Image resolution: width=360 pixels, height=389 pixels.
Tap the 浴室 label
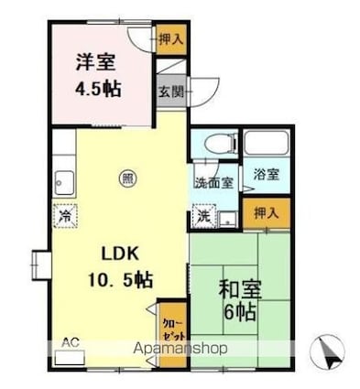tap(266, 174)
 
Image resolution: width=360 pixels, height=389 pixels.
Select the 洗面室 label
tap(212, 181)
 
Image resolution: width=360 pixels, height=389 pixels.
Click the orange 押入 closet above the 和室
tap(267, 211)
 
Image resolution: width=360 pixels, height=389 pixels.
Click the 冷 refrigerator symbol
tap(66, 216)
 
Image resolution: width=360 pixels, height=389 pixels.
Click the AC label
tap(70, 341)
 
